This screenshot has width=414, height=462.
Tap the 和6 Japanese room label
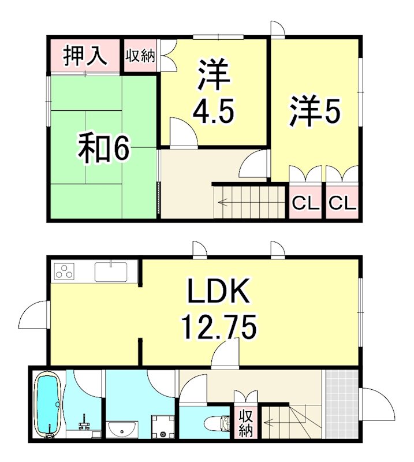point(104,148)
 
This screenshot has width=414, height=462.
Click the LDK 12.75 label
point(218,310)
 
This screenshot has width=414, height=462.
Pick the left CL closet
point(305,203)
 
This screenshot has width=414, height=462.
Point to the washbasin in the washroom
point(121,430)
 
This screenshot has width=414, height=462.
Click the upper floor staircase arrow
point(224,203)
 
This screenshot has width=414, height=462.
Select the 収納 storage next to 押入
point(140,56)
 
